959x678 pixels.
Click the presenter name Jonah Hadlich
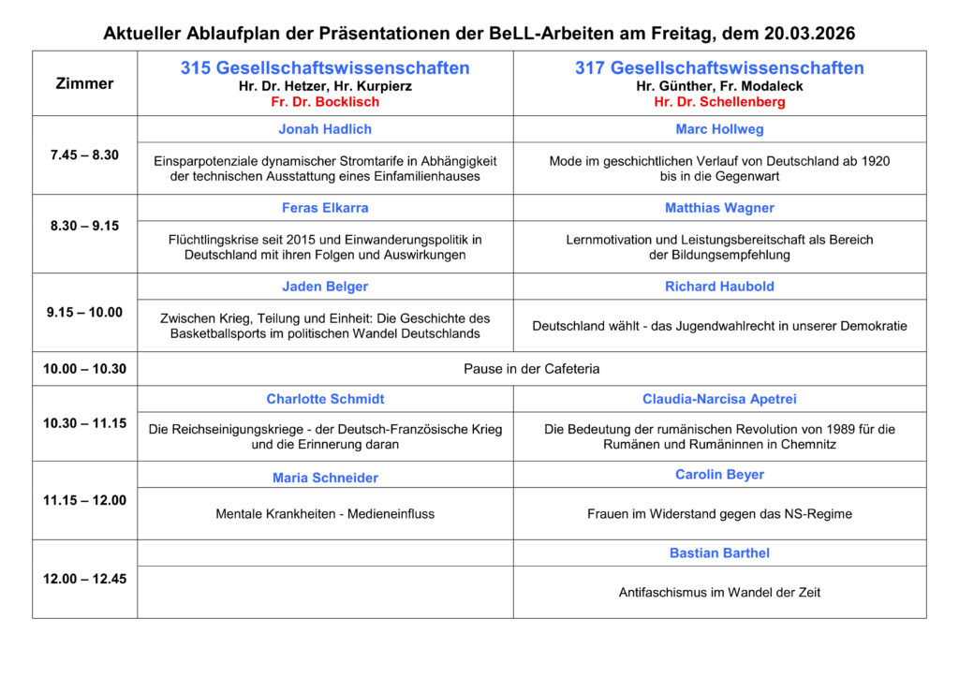click(x=325, y=129)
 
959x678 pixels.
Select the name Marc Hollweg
click(x=719, y=129)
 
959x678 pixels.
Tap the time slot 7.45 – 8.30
click(x=84, y=155)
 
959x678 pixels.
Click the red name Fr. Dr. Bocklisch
click(x=325, y=100)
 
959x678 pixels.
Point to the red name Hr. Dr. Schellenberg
click(x=719, y=100)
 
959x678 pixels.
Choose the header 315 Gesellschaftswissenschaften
click(x=325, y=67)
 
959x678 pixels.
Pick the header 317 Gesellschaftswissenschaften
click(x=719, y=67)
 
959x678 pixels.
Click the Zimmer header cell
click(x=84, y=83)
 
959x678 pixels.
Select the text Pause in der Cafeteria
click(x=531, y=369)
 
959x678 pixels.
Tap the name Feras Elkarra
click(x=325, y=208)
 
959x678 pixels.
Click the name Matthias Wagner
click(x=719, y=208)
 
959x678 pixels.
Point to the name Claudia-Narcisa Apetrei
click(x=719, y=399)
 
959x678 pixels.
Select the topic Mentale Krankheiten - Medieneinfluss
click(x=325, y=513)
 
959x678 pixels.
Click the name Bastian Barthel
click(x=719, y=553)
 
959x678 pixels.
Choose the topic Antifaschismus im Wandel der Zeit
click(x=719, y=592)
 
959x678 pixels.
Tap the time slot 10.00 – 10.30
click(x=84, y=369)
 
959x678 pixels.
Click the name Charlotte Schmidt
click(x=325, y=399)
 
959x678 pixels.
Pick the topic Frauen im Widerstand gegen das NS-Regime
click(x=719, y=513)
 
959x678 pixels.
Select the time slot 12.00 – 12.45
click(x=84, y=579)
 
